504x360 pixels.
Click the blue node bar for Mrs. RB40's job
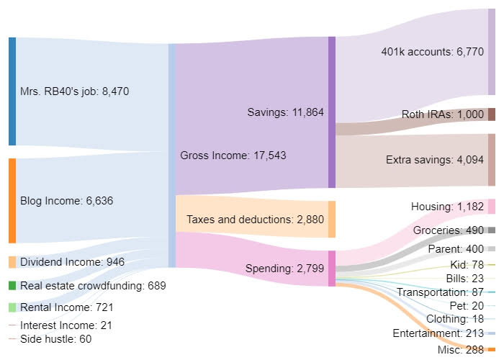12,91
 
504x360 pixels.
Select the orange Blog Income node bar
12,201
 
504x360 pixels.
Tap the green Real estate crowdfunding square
12,286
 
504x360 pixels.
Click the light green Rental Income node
12,307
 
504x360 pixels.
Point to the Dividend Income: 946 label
72,262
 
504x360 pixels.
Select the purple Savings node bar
332,112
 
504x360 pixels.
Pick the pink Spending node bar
332,268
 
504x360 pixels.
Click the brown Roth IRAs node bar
492,114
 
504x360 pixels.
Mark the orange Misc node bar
492,349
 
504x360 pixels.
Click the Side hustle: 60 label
56,339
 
